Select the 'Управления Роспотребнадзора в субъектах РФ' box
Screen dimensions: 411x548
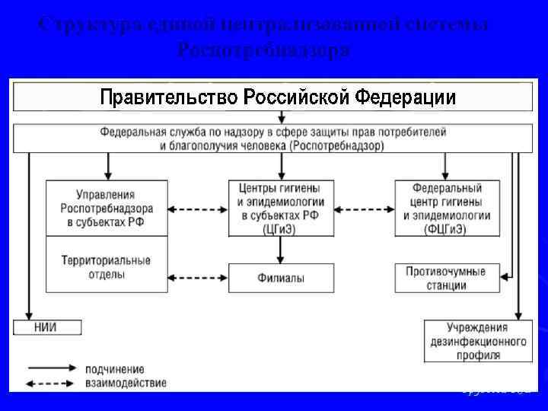(x=107, y=208)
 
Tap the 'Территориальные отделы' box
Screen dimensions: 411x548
(x=107, y=266)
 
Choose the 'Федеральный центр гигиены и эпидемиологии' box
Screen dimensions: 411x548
(x=447, y=208)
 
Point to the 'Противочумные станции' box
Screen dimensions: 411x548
(x=447, y=278)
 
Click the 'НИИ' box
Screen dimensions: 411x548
(x=46, y=328)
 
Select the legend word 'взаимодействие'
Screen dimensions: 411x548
(x=126, y=383)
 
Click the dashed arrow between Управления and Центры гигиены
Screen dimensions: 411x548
(x=198, y=208)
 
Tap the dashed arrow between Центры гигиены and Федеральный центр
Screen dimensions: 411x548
(x=365, y=208)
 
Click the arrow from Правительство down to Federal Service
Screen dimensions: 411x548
(x=282, y=117)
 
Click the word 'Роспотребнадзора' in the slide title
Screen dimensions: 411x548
(x=263, y=51)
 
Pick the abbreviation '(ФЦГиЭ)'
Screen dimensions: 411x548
(x=447, y=228)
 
